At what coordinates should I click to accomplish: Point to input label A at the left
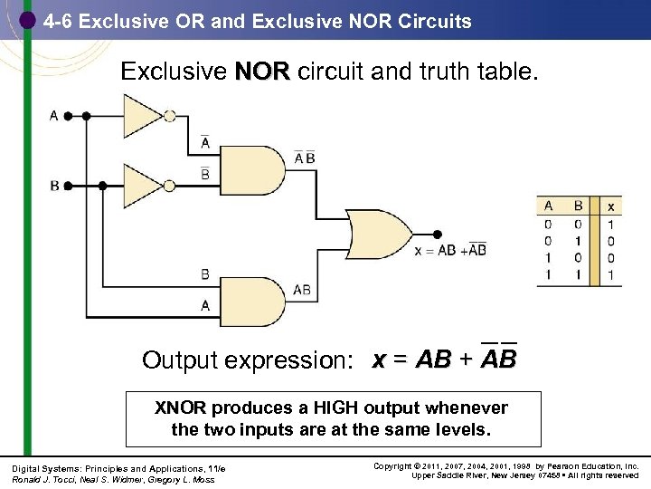(x=54, y=116)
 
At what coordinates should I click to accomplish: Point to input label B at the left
(x=54, y=185)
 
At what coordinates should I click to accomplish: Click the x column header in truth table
(x=610, y=206)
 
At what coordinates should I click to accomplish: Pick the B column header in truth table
(x=579, y=206)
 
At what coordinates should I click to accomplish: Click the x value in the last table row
(x=610, y=274)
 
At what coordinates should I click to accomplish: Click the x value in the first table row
(x=610, y=224)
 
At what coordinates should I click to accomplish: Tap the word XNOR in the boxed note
(x=181, y=408)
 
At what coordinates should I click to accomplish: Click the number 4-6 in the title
(x=58, y=21)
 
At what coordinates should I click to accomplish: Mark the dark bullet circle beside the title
(x=28, y=19)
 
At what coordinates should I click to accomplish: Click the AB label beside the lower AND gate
(x=302, y=291)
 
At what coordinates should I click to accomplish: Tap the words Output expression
(x=243, y=360)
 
